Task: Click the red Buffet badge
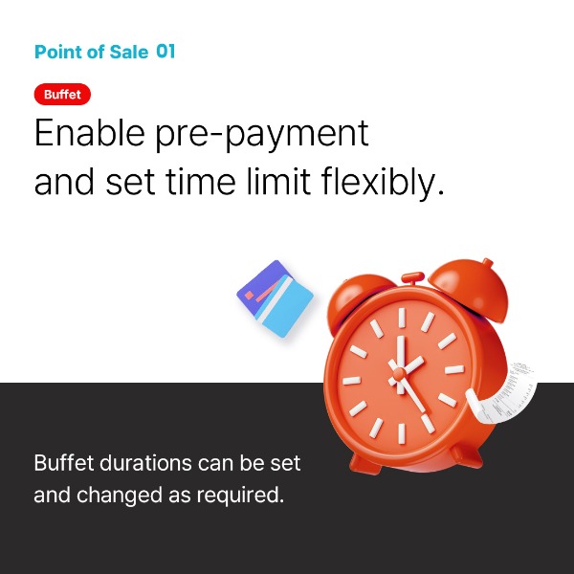62,94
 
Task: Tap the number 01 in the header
166,52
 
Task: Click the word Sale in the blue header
129,52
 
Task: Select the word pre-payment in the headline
262,135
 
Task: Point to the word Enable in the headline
89,132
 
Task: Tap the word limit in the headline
278,181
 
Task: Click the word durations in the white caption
145,463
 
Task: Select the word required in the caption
240,496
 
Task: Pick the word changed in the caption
120,495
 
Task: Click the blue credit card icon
276,298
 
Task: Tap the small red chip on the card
249,295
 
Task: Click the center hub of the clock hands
399,373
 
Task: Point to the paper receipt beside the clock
503,393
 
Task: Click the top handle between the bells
413,277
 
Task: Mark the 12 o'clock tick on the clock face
402,318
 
